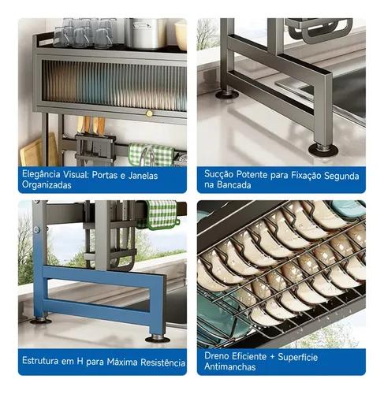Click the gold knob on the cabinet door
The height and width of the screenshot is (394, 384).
tap(149, 113)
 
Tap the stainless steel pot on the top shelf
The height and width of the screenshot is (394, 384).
tap(145, 33)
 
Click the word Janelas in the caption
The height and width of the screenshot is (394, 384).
tap(143, 176)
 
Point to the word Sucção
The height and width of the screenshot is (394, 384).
tap(218, 175)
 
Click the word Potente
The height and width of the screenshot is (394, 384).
tap(252, 175)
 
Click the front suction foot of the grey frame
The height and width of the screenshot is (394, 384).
tap(323, 150)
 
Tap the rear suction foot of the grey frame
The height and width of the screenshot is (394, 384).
tap(227, 94)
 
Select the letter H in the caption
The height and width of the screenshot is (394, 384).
tap(80, 362)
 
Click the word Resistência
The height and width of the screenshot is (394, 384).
tap(162, 362)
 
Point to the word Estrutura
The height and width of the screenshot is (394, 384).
tap(40, 361)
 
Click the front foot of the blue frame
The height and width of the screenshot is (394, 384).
tap(158, 339)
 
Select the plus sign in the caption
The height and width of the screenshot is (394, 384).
tap(272, 357)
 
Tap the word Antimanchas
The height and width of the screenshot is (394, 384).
tap(230, 366)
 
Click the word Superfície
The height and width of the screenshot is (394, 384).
tap(298, 357)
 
